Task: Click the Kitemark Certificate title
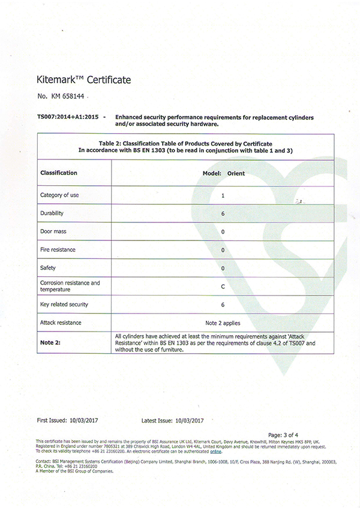83,79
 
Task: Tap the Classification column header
59,173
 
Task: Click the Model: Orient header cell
223,173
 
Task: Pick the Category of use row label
60,195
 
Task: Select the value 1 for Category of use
223,196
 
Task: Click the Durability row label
52,213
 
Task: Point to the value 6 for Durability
223,213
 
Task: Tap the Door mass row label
53,231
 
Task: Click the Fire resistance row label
58,249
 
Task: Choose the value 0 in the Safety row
223,267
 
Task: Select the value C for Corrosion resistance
223,286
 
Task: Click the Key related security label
64,305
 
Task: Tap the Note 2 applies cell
223,323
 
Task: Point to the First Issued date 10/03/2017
85,420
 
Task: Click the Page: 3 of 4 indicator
283,434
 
